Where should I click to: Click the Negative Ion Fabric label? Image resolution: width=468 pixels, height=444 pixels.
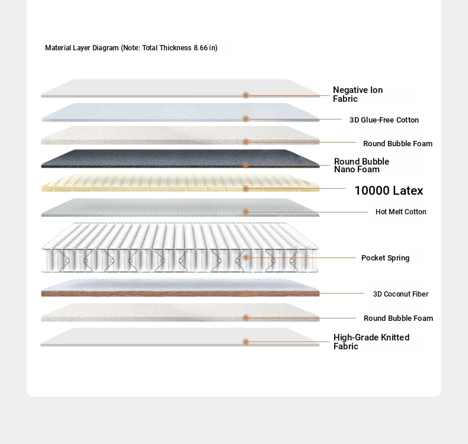pyautogui.click(x=358, y=94)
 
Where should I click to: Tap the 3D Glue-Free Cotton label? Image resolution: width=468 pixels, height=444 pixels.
pyautogui.click(x=384, y=120)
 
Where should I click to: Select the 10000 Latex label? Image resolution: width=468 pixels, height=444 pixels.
pyautogui.click(x=389, y=191)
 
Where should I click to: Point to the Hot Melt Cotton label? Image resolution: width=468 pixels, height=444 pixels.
pyautogui.click(x=401, y=212)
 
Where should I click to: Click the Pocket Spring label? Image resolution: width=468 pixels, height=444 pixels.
pyautogui.click(x=385, y=258)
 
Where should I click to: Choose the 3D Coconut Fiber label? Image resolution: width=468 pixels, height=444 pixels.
pyautogui.click(x=400, y=294)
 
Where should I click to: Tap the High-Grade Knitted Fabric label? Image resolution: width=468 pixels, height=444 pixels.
pyautogui.click(x=371, y=342)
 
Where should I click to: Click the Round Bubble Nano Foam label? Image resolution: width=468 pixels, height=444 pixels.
pyautogui.click(x=361, y=166)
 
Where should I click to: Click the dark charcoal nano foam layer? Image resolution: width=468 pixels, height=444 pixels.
pyautogui.click(x=180, y=159)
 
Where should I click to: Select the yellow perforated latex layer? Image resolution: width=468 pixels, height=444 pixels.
pyautogui.click(x=180, y=183)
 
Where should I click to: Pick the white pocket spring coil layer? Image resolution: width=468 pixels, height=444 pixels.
pyautogui.click(x=180, y=247)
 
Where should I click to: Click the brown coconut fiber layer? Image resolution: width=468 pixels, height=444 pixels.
pyautogui.click(x=180, y=294)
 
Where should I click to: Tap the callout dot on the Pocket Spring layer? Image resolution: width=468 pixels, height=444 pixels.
pyautogui.click(x=246, y=258)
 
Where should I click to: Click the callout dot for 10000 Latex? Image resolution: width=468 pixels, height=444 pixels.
pyautogui.click(x=246, y=188)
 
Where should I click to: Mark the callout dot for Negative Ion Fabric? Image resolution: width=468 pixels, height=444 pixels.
pyautogui.click(x=246, y=95)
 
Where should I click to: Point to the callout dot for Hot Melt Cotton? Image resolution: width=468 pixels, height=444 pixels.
pyautogui.click(x=246, y=212)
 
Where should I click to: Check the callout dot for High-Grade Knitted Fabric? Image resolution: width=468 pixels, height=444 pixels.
pyautogui.click(x=246, y=342)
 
